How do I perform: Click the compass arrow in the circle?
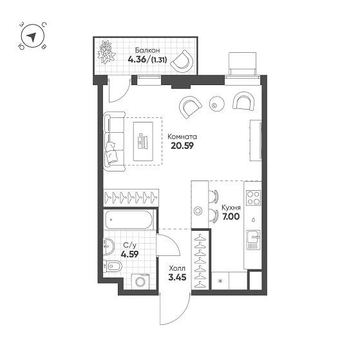pos(32,37)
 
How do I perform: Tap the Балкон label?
pos(147,50)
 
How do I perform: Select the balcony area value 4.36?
pos(137,59)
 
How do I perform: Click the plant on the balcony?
pos(106,52)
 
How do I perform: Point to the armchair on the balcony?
pos(183,61)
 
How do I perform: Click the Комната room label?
pos(182,137)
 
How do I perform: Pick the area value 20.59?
pos(182,146)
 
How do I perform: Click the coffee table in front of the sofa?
pos(143,141)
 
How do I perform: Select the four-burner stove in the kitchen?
pos(253,198)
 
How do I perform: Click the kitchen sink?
pos(253,239)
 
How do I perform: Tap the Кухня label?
pos(231,208)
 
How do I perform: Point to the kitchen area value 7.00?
pos(231,217)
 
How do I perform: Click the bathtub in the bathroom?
pos(129,220)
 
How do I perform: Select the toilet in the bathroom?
pos(113,267)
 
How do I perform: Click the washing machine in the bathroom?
pos(140,282)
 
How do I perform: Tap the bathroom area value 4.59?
pos(129,255)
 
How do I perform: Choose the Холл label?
pos(177,268)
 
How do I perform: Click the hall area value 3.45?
pos(177,277)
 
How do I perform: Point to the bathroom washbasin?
pos(108,246)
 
